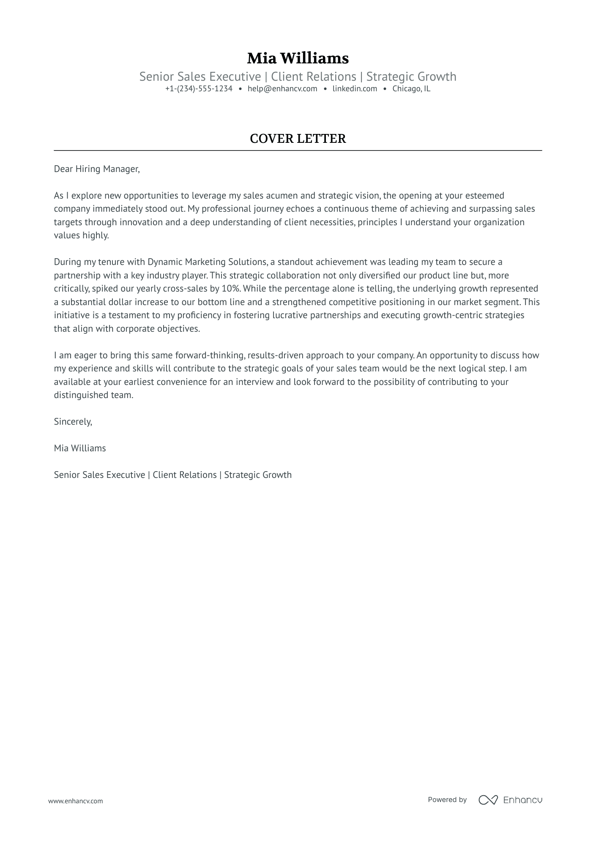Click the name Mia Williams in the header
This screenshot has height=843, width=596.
298,58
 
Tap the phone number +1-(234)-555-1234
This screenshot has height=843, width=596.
199,89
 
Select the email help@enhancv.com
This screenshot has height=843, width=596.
282,89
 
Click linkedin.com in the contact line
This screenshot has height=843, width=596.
355,89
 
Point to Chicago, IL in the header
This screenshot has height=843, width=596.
411,89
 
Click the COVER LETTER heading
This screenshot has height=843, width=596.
298,139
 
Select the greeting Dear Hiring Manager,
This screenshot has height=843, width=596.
97,169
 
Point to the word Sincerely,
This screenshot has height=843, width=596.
73,421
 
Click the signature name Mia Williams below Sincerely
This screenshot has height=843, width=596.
80,448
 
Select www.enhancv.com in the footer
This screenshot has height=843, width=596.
75,801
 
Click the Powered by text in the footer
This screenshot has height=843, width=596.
447,799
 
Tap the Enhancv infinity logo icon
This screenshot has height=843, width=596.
488,800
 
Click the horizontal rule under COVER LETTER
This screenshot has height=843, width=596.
298,150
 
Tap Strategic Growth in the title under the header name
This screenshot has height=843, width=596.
411,76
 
